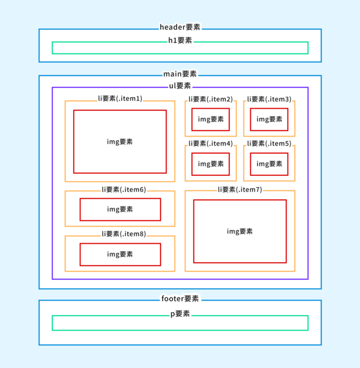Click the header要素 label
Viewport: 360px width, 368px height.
180,27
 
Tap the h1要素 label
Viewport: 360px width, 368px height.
180,40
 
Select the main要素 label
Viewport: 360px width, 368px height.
180,74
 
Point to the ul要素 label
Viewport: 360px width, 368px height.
180,86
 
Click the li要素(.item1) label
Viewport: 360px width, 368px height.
120,98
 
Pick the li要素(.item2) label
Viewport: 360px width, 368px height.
210,99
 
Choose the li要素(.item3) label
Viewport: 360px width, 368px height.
269,99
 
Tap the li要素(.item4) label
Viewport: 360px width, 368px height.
210,143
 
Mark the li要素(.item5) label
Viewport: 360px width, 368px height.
269,143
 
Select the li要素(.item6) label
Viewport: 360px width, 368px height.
124,189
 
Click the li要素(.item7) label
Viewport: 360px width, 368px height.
240,189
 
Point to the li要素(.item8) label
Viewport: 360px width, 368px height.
124,234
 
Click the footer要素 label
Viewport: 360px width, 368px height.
180,298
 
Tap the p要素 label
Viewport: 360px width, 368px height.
180,314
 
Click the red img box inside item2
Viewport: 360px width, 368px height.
210,109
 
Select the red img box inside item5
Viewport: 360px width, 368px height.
269,153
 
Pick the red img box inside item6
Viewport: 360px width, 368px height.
120,198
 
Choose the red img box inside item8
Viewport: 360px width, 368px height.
120,244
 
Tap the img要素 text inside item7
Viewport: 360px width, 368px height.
240,231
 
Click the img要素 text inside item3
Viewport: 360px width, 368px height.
269,119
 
